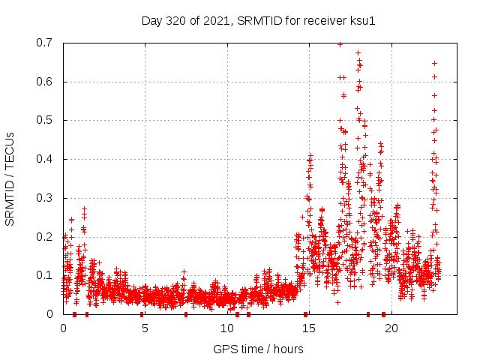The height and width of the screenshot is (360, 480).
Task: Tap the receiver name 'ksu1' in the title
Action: coord(360,20)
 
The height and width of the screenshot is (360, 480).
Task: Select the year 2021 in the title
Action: coord(218,20)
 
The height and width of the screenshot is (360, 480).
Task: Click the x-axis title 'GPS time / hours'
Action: coord(258,349)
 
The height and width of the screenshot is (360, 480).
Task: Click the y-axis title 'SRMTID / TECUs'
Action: coord(10,178)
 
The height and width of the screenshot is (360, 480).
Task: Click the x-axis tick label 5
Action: coord(145,328)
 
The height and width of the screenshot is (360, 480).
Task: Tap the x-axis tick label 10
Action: coord(227,328)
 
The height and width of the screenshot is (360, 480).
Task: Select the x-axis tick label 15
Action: coord(309,328)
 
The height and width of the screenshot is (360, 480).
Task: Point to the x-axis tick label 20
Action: coord(391,328)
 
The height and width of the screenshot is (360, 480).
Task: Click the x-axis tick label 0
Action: coord(63,328)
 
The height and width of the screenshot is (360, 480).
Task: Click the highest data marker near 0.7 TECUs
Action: coord(340,44)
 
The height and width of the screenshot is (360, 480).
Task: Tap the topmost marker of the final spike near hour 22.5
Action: coord(434,63)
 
